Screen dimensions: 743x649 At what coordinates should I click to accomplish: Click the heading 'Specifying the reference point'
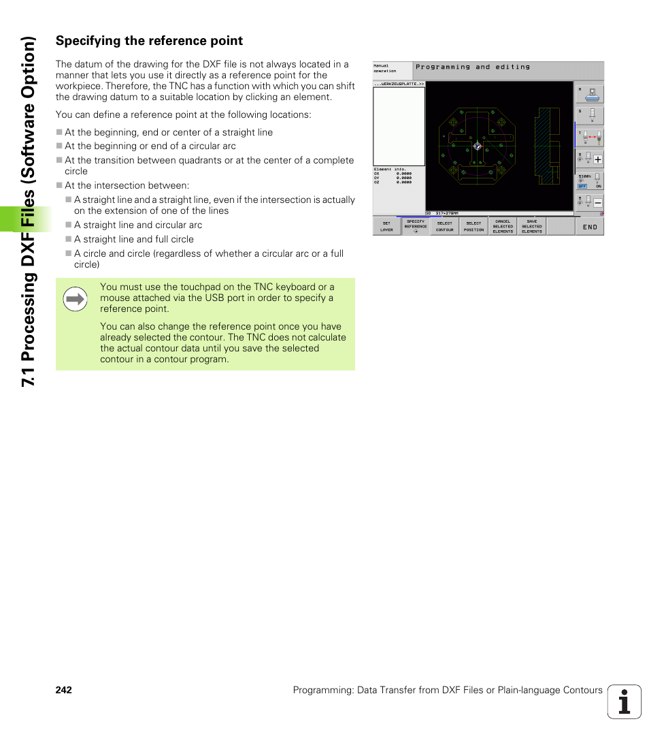click(x=149, y=41)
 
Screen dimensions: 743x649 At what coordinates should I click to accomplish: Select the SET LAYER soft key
click(x=386, y=226)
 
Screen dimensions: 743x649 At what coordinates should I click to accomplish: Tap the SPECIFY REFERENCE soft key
click(x=416, y=226)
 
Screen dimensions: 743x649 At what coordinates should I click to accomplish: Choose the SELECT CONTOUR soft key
click(x=444, y=226)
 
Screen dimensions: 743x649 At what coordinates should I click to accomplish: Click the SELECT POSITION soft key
click(x=473, y=226)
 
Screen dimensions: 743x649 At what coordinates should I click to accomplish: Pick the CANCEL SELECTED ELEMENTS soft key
click(x=503, y=226)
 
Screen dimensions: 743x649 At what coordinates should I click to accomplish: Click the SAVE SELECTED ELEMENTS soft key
click(x=532, y=226)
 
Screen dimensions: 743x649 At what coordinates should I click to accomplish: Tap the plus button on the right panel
click(x=597, y=159)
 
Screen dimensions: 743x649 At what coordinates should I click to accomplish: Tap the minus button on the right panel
click(x=597, y=203)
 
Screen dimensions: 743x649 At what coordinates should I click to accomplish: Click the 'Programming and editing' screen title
click(x=473, y=67)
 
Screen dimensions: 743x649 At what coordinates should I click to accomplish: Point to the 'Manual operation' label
click(x=385, y=69)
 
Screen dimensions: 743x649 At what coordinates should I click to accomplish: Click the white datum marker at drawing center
click(x=477, y=146)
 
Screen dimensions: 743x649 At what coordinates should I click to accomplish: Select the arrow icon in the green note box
click(x=76, y=299)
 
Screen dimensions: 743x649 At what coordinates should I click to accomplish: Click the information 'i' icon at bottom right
click(x=624, y=702)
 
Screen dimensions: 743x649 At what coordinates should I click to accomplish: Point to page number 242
click(x=64, y=690)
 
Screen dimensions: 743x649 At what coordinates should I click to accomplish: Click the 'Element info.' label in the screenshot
click(x=386, y=169)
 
